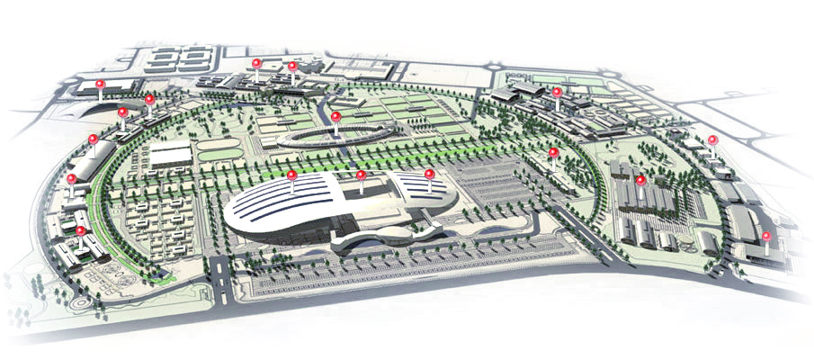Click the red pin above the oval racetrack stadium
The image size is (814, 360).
click(x=335, y=117)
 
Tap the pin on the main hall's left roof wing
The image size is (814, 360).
click(x=292, y=176)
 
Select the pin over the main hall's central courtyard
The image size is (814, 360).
click(x=361, y=176)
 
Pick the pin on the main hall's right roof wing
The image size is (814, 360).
click(x=429, y=175)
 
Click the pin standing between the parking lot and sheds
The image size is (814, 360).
click(x=553, y=154)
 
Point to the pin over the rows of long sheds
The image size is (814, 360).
click(x=640, y=181)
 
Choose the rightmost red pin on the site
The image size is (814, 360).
click(x=766, y=238)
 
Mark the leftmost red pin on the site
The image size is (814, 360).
click(x=72, y=180)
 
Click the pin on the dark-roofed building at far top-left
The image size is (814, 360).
click(x=101, y=85)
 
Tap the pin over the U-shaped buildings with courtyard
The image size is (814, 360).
click(x=81, y=231)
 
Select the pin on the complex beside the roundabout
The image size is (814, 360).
click(x=557, y=93)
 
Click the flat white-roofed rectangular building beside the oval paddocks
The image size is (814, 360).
click(x=171, y=155)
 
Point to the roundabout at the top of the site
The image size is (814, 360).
click(x=494, y=66)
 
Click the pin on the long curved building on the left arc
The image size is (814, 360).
click(x=94, y=140)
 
